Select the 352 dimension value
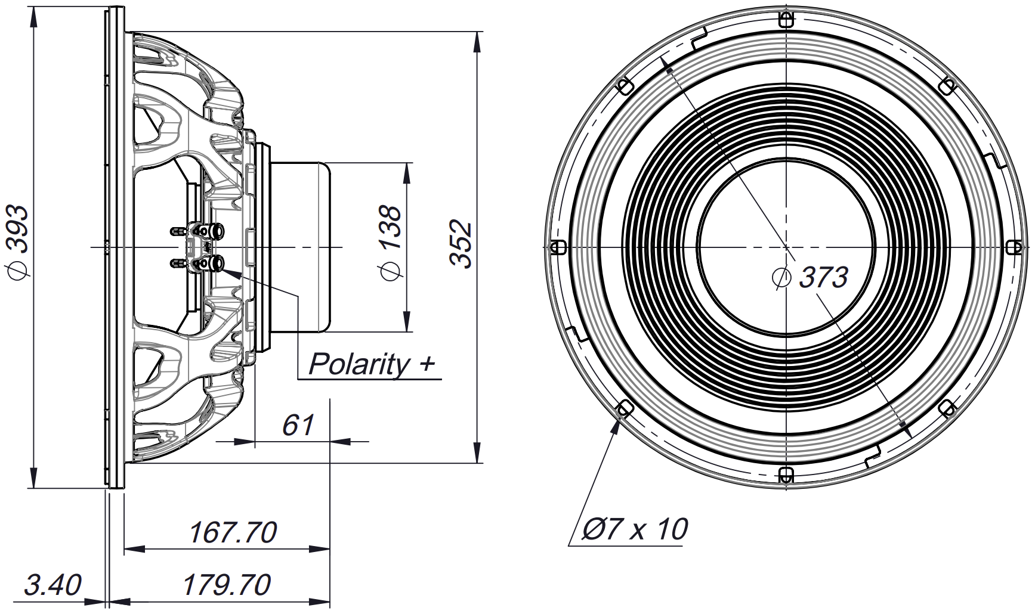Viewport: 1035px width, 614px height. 461,244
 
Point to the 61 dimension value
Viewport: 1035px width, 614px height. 298,426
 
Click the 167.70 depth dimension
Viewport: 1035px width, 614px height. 232,533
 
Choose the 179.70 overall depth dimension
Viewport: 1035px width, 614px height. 226,585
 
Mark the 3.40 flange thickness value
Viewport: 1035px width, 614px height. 52,585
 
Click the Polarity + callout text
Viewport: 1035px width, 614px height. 371,364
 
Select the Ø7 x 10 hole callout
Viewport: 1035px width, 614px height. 634,529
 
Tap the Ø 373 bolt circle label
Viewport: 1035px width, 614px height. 811,277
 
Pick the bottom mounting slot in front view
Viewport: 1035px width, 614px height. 786,475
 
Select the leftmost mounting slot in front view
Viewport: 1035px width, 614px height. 558,247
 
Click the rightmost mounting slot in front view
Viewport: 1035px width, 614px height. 1014,247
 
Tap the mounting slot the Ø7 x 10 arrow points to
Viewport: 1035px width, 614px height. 625,408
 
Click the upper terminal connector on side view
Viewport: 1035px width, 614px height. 216,230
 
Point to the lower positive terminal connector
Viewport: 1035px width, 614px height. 216,262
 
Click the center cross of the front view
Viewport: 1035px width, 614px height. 786,247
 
